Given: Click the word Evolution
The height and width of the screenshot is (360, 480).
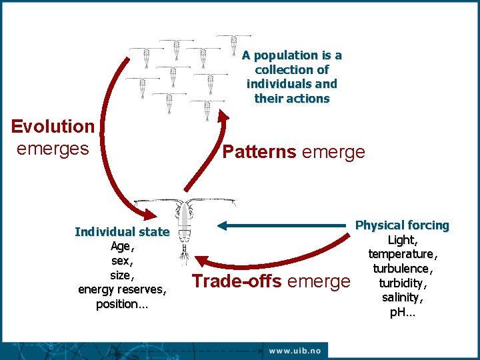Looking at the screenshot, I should point(53,126).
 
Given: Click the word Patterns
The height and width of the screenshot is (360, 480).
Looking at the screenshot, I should point(259,152).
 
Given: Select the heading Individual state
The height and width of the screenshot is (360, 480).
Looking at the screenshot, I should point(122,232).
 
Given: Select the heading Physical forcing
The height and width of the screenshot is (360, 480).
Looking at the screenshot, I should point(402,225).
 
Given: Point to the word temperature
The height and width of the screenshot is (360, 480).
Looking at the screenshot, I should point(402,254).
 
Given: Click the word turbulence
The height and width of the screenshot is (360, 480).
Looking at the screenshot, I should point(402,268).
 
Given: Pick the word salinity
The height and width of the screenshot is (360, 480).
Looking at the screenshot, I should point(402,297).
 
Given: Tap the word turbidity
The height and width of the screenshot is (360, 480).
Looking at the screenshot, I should point(402,283).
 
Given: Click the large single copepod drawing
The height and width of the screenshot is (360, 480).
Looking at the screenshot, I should point(185,227).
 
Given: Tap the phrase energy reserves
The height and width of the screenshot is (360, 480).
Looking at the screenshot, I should point(122,289).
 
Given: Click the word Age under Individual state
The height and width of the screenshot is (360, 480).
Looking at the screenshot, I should point(122,246).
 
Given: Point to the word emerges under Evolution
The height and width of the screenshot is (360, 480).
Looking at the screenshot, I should point(53,148).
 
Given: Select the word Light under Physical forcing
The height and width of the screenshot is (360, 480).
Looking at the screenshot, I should point(402,240).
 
